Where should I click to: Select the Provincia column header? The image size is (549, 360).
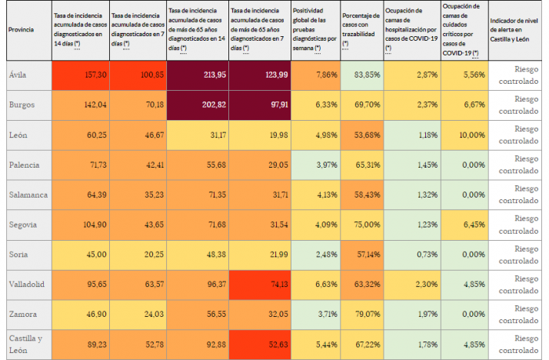pos(20,30)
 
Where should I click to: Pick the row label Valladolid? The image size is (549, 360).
pos(25,284)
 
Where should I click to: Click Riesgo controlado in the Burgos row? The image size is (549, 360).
pos(519,105)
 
